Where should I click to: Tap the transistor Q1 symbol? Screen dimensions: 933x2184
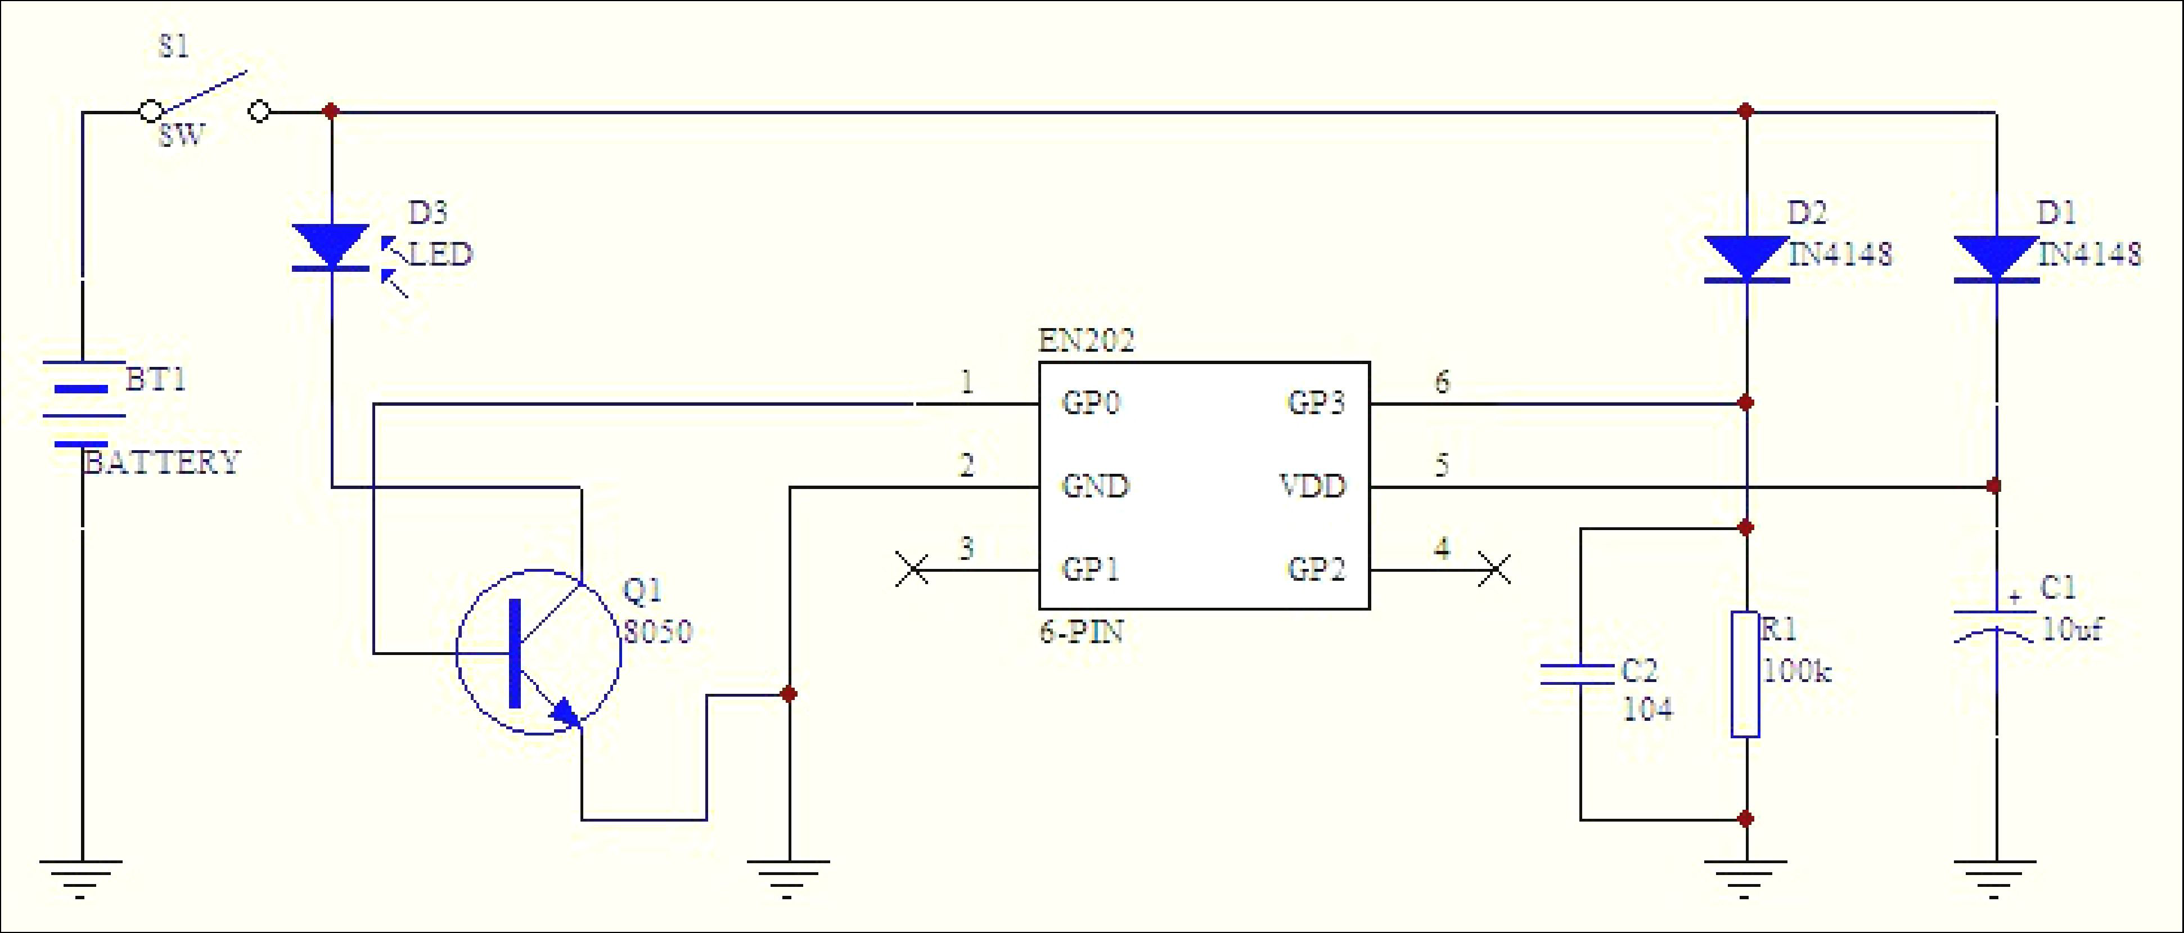click(x=538, y=652)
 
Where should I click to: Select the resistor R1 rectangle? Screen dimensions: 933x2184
click(x=1745, y=674)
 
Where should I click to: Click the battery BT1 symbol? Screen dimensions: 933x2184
click(x=82, y=403)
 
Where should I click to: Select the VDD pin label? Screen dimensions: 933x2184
click(x=1312, y=486)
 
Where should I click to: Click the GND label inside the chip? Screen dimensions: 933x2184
click(x=1096, y=486)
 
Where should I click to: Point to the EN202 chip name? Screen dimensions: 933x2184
click(x=1086, y=340)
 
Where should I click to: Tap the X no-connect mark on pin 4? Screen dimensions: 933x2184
click(x=1494, y=569)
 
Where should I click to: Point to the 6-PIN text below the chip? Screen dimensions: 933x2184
click(x=1081, y=632)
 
